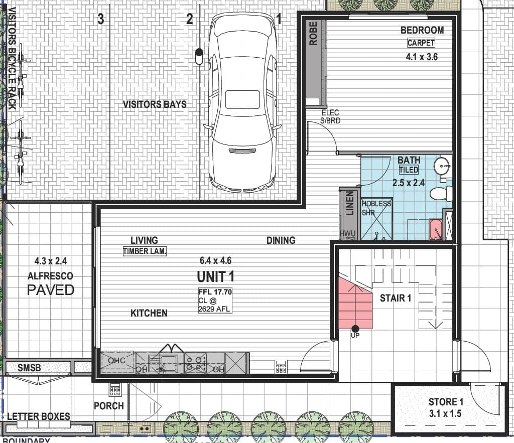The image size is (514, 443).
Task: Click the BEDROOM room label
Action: [422, 30]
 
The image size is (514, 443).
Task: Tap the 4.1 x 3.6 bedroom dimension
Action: [422, 57]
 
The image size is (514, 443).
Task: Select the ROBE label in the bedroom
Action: [313, 34]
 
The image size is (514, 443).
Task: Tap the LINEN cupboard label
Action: [350, 204]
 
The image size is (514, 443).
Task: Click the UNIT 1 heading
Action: [215, 277]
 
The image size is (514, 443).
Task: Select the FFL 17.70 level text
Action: [215, 292]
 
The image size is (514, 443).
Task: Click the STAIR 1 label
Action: [396, 298]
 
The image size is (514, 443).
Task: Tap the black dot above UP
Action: [355, 329]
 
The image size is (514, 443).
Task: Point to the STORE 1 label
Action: [446, 402]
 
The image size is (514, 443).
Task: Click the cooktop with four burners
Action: [195, 363]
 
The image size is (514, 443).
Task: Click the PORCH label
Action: [109, 406]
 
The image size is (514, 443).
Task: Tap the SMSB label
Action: [29, 368]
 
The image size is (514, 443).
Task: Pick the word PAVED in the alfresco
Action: [51, 290]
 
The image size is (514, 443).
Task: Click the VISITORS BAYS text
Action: [155, 104]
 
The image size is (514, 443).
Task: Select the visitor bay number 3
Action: [100, 19]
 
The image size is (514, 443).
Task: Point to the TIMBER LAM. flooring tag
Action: [145, 251]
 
